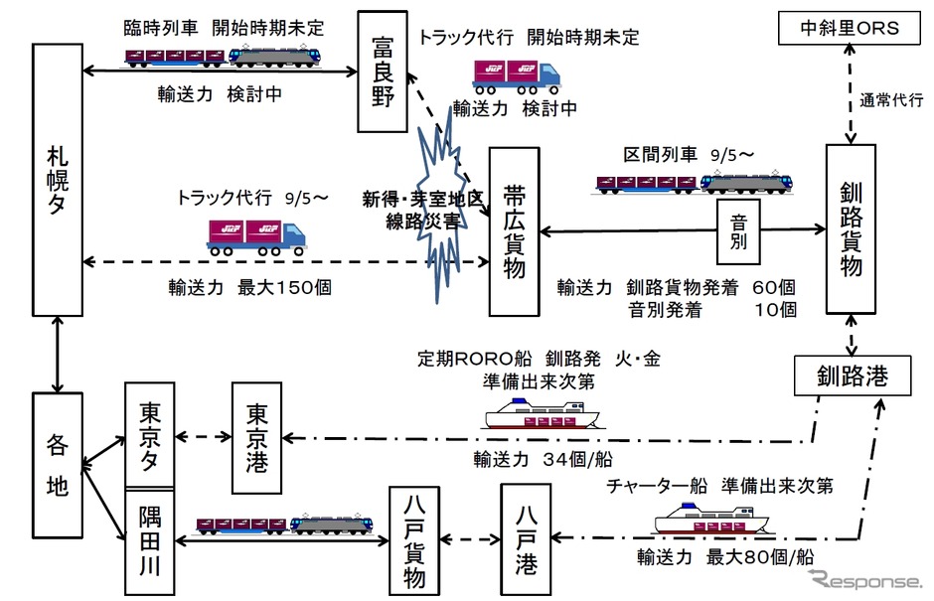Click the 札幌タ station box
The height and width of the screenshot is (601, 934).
[58, 180]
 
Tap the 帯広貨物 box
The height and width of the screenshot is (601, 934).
[514, 230]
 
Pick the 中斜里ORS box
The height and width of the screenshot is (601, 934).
[850, 28]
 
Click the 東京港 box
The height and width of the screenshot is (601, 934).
[256, 437]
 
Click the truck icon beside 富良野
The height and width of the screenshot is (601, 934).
[515, 75]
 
